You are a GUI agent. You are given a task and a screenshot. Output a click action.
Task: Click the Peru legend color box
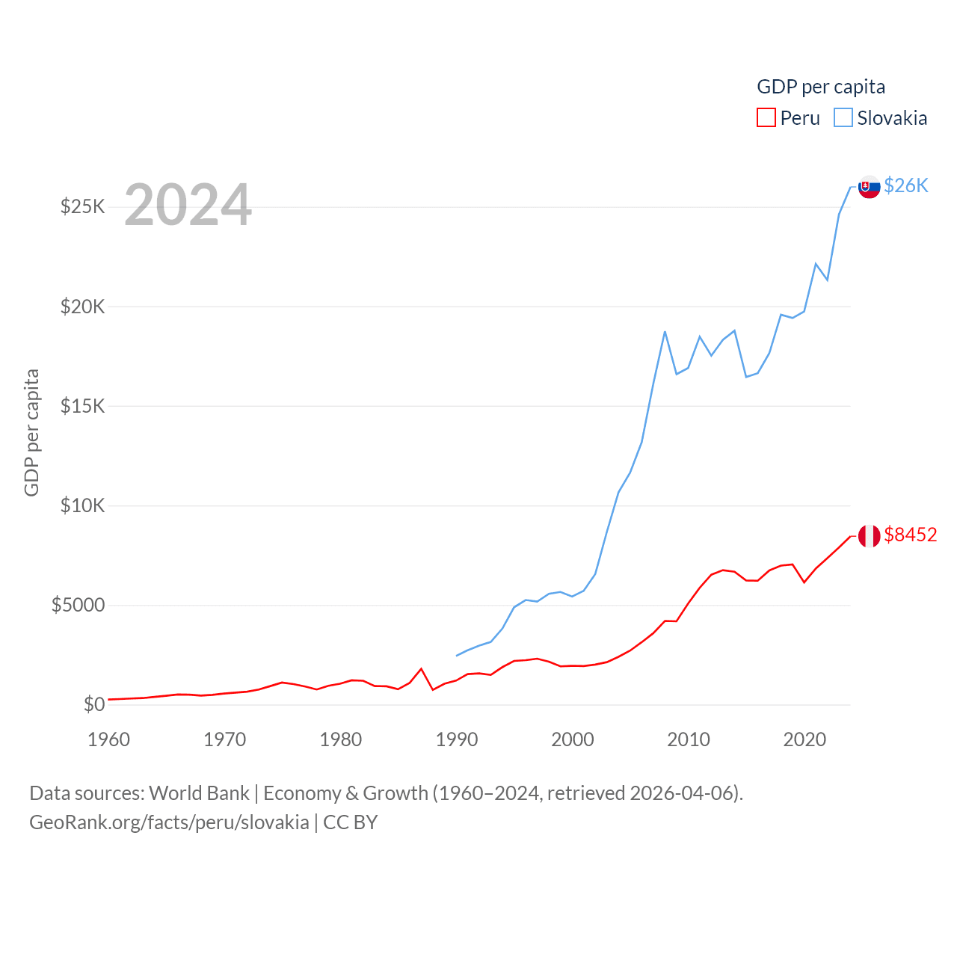[766, 118]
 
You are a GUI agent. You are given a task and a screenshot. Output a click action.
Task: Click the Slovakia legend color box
[843, 118]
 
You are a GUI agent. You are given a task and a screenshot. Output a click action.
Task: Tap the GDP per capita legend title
[821, 87]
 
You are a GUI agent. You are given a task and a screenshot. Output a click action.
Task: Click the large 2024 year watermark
[188, 205]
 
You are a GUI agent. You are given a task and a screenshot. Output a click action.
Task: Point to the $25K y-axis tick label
[83, 206]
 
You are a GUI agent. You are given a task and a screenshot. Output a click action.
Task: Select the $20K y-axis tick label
[83, 306]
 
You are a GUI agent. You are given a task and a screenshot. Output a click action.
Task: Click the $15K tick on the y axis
[83, 406]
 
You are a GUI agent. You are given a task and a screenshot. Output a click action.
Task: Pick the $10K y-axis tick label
[83, 505]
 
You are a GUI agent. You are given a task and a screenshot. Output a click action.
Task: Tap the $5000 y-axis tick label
[79, 605]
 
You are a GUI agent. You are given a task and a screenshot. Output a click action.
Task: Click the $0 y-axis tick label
[94, 704]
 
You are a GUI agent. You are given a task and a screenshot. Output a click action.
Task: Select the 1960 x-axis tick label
[108, 739]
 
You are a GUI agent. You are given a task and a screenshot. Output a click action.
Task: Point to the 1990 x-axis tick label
[456, 739]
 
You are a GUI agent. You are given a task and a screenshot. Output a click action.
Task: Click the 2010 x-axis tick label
[688, 739]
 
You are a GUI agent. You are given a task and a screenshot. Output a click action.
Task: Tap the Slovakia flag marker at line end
[869, 186]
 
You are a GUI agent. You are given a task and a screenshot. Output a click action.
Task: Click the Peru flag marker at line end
[869, 535]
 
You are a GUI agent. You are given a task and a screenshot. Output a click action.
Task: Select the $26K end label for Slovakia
[905, 185]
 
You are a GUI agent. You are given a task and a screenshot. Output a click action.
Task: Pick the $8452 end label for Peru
[910, 535]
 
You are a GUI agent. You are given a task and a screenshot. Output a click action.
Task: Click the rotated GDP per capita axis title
[31, 432]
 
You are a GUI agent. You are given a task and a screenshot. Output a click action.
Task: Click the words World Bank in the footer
[199, 793]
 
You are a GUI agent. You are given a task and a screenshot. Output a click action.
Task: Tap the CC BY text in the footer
[350, 822]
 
